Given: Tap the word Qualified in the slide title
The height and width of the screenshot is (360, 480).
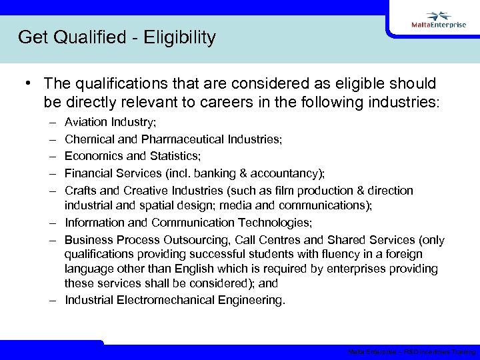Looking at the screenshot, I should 83,37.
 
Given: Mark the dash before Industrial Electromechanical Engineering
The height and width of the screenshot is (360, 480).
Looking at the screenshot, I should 53,299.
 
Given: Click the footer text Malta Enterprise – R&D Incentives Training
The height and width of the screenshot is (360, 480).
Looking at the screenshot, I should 411,352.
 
